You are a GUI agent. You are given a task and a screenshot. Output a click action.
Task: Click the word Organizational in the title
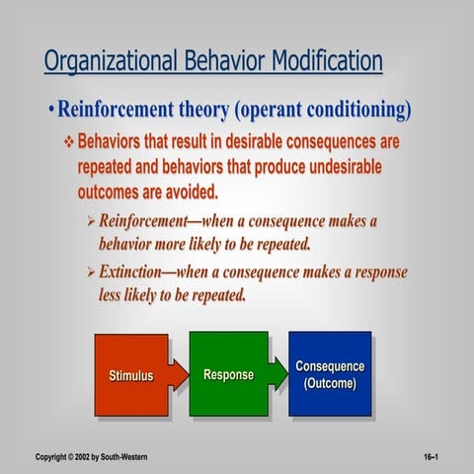point(108,61)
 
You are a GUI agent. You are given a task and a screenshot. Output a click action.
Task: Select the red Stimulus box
point(130,375)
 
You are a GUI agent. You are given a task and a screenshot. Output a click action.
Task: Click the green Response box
point(228,374)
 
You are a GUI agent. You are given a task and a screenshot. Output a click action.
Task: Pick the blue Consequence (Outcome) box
point(330,373)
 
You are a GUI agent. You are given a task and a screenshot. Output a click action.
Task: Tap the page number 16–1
point(431,458)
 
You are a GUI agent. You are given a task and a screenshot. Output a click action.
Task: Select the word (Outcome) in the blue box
point(330,383)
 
